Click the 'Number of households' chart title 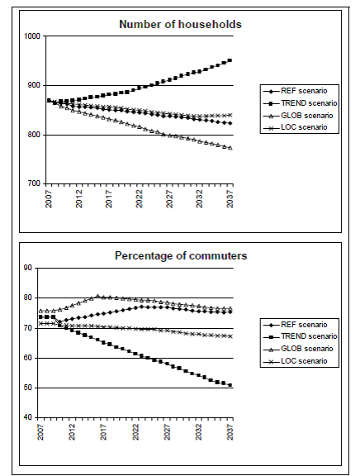click(x=180, y=24)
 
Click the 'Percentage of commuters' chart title click(x=181, y=255)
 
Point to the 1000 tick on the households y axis click(x=32, y=36)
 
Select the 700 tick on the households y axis click(x=34, y=183)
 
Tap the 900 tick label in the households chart click(x=34, y=85)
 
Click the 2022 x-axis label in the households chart click(x=139, y=199)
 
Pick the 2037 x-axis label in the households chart click(x=230, y=199)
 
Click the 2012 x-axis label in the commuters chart click(x=72, y=431)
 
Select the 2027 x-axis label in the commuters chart click(x=167, y=431)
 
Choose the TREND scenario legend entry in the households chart click(x=301, y=103)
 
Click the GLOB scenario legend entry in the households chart click(x=298, y=116)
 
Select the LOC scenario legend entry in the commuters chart click(x=296, y=361)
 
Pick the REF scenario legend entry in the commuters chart click(x=296, y=325)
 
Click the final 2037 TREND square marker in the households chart click(x=230, y=60)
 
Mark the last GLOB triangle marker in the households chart click(x=230, y=148)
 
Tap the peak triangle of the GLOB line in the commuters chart click(x=97, y=296)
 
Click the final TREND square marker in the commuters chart click(x=230, y=385)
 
